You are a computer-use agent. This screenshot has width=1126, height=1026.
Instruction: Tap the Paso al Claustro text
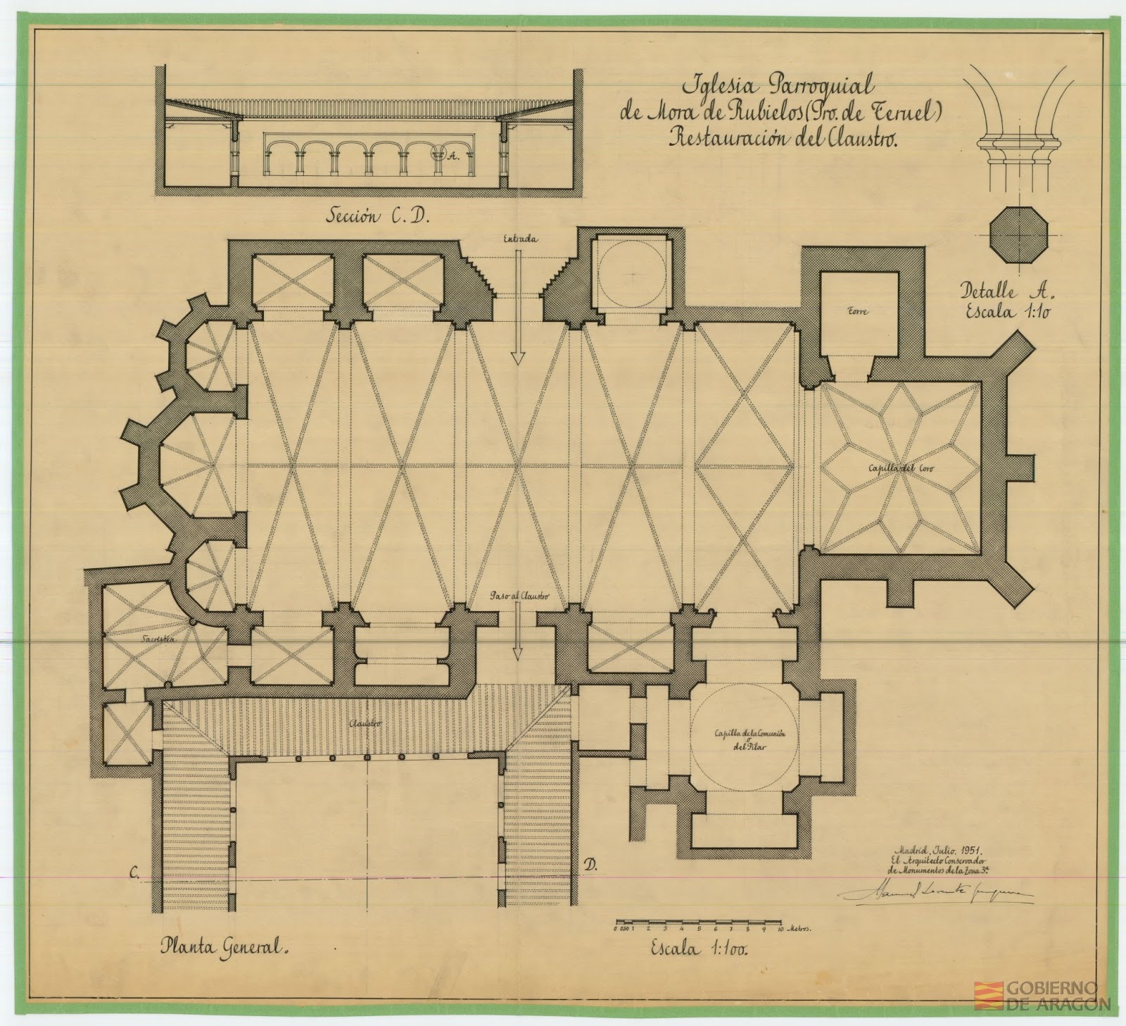coord(519,596)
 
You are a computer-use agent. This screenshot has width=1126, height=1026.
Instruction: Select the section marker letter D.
coord(590,868)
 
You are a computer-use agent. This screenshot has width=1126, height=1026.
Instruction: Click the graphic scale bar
coord(697,921)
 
